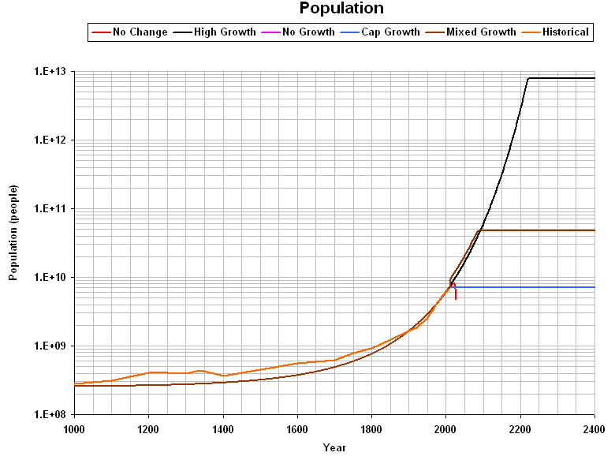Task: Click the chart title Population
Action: click(341, 9)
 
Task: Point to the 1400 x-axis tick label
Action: click(223, 429)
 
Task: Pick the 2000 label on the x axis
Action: click(446, 429)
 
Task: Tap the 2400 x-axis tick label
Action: click(594, 429)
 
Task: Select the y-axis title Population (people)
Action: click(13, 233)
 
